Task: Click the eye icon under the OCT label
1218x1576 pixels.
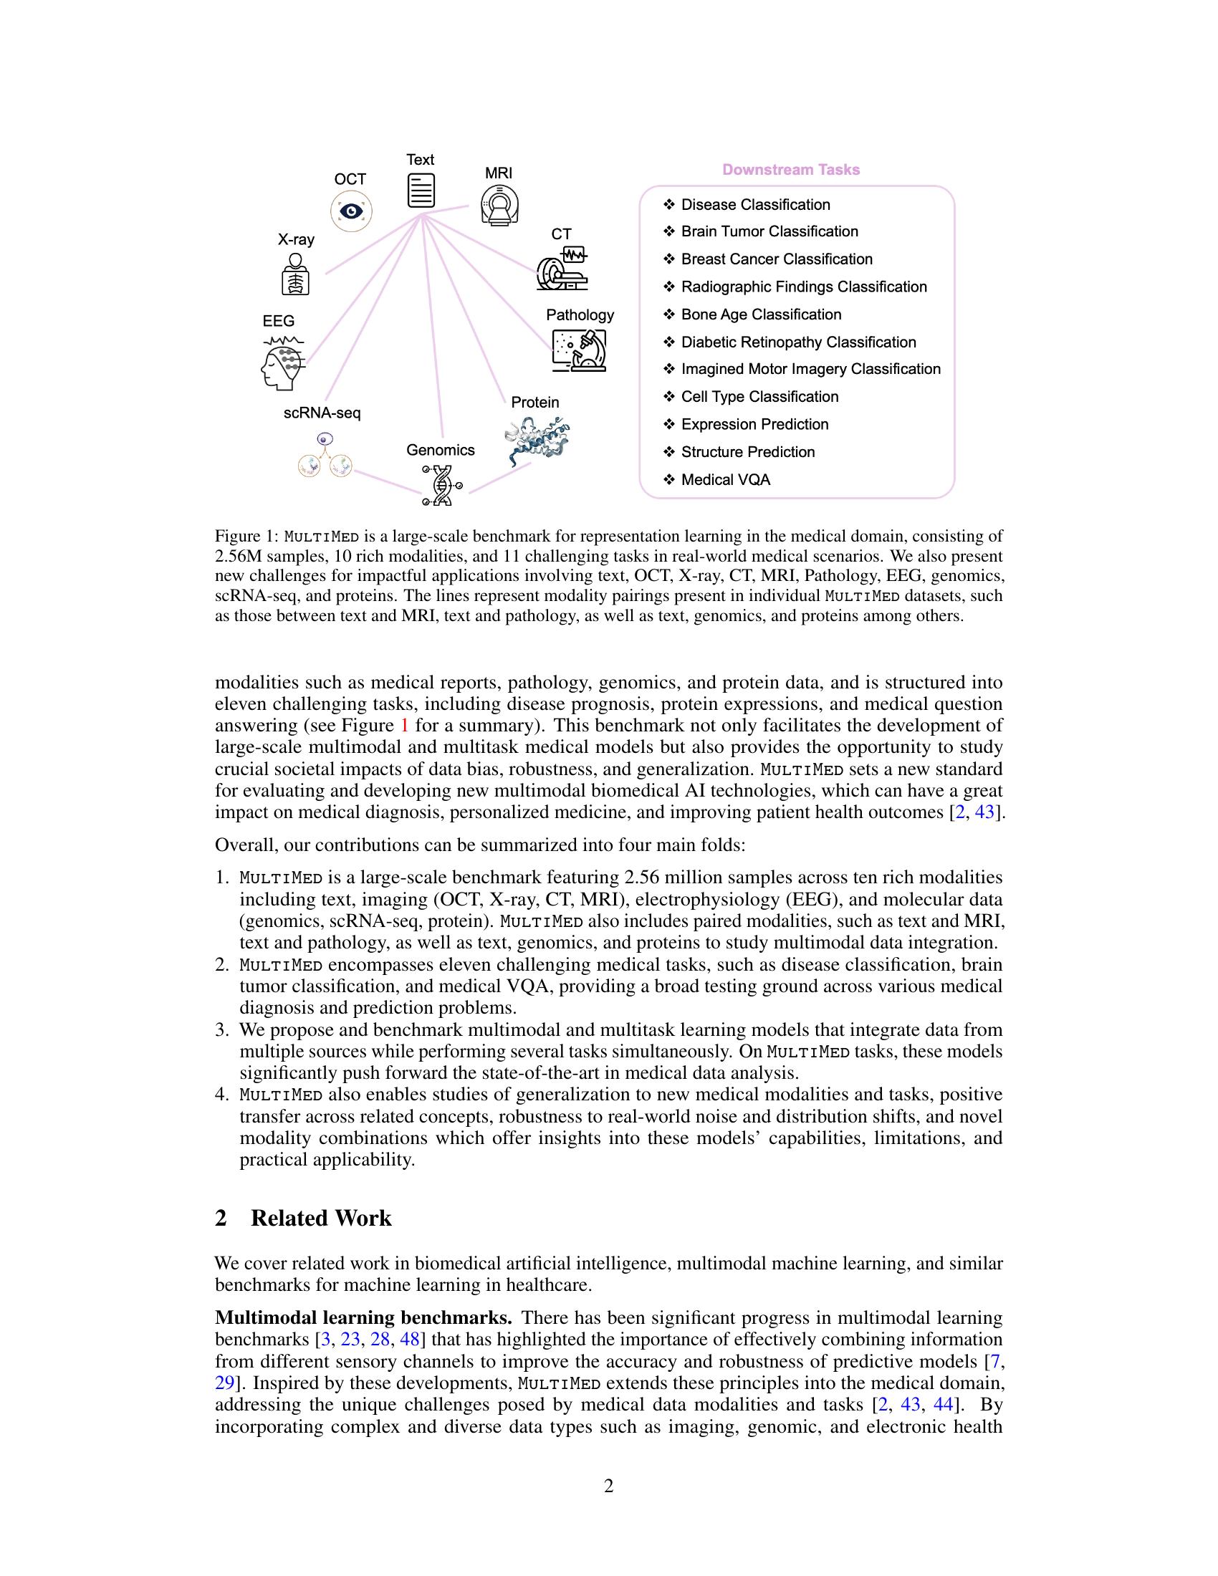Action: coord(350,211)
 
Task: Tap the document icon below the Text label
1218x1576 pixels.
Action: coord(421,191)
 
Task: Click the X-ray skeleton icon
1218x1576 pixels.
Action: coord(295,274)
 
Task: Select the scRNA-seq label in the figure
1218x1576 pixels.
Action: coord(322,413)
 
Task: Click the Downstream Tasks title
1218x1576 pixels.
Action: coord(791,170)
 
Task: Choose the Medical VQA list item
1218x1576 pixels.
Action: coord(725,480)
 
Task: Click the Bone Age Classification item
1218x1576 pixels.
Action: coord(760,314)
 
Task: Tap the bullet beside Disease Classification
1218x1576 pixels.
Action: coord(668,205)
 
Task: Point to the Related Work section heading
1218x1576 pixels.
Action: coord(320,1218)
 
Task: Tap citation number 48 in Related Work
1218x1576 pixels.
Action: coord(410,1340)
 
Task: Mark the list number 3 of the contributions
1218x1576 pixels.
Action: coord(222,1029)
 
